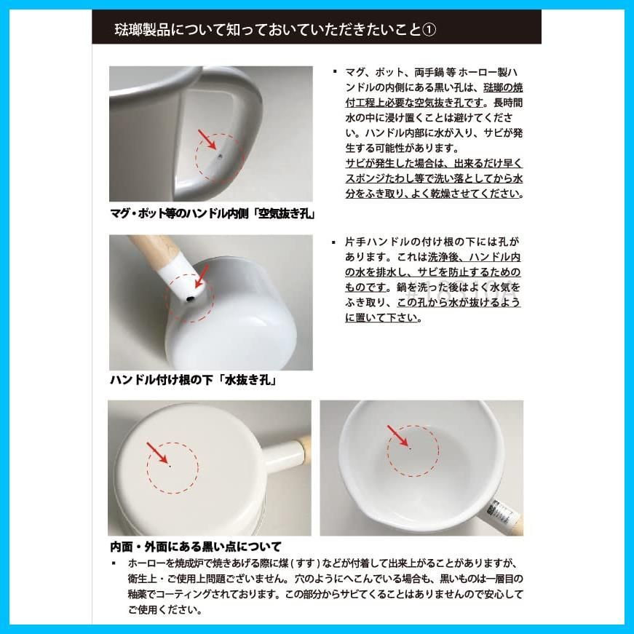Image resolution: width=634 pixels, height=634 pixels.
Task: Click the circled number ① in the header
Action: pos(429,30)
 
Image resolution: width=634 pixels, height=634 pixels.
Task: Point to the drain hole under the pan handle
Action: pos(190,299)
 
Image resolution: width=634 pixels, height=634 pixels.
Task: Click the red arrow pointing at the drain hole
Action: pos(202,276)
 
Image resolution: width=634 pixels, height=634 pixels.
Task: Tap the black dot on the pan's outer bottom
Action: pos(170,466)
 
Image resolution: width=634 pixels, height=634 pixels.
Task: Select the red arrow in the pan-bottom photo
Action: pos(157,453)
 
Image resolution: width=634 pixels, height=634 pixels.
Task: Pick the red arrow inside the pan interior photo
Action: pos(397,435)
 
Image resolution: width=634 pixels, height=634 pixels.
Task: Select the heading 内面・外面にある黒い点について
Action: pos(196,547)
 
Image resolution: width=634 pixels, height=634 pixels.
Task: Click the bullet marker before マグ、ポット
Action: pos(334,72)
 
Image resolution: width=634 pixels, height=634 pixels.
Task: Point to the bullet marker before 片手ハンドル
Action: pos(333,242)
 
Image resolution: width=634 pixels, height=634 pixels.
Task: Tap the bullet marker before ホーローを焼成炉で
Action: pos(114,563)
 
